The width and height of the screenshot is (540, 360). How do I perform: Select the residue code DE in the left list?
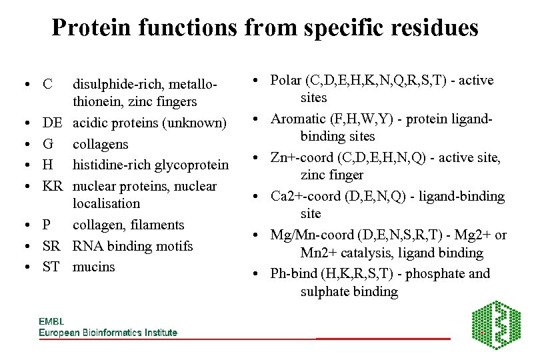(x=53, y=123)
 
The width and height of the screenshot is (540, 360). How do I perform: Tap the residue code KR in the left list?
(x=53, y=186)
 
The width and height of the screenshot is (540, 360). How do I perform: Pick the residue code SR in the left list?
(x=51, y=246)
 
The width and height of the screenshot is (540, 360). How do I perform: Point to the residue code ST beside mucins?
(x=51, y=267)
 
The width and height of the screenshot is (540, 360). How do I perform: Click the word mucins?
(x=94, y=267)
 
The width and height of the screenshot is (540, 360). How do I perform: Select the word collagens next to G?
(x=100, y=144)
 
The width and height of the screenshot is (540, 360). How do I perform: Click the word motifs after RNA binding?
(x=174, y=246)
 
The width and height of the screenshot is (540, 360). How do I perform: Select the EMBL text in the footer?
(x=51, y=321)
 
